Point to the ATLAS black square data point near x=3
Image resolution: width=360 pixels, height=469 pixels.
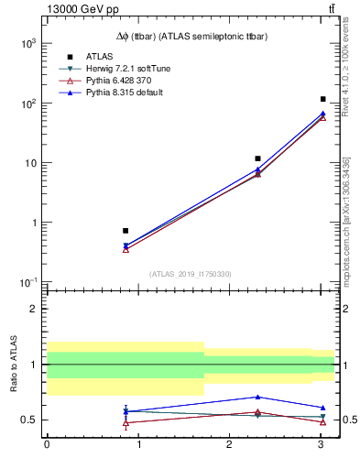pos(323,99)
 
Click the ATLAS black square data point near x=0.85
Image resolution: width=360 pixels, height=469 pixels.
pos(125,231)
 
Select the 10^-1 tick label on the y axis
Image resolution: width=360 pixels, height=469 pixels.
pos(28,282)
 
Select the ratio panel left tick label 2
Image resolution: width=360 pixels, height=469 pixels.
pos(35,309)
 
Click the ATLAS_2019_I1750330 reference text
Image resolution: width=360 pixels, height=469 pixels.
pos(191,274)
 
